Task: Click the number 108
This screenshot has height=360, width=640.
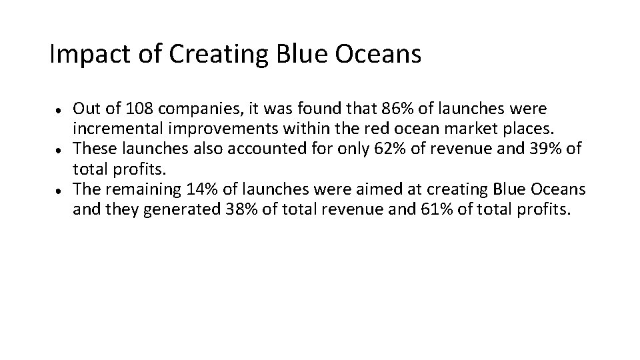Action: tap(143, 108)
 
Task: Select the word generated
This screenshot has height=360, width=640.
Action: tap(164, 210)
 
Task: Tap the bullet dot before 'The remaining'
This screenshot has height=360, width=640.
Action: tap(60, 189)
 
